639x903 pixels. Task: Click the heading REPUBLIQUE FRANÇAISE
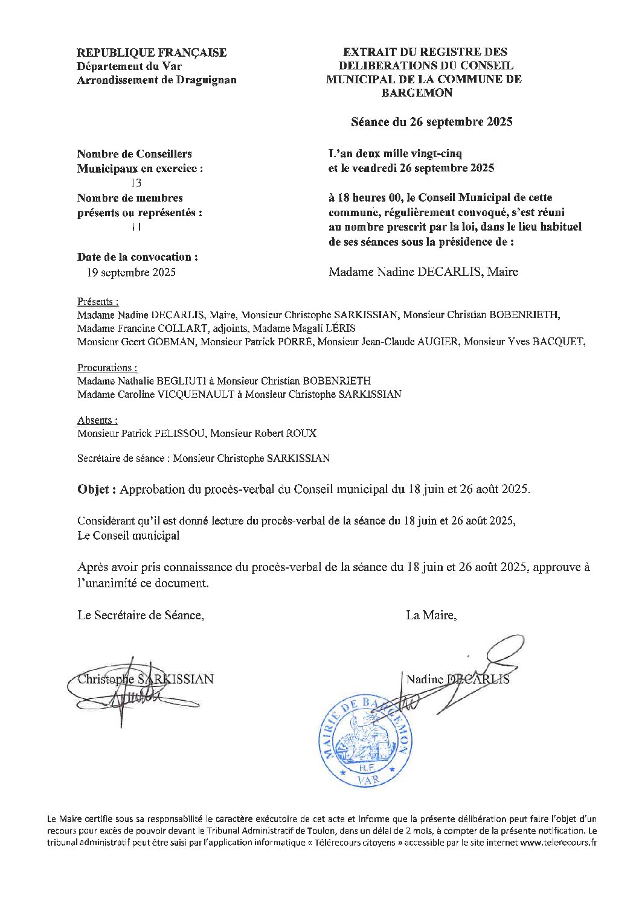[152, 53]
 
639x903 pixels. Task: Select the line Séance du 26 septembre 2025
[431, 122]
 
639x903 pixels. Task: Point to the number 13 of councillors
[136, 183]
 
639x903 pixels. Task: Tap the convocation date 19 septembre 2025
[131, 272]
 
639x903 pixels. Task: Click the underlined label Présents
[97, 302]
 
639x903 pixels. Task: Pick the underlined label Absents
[97, 420]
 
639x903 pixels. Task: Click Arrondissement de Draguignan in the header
[157, 80]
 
